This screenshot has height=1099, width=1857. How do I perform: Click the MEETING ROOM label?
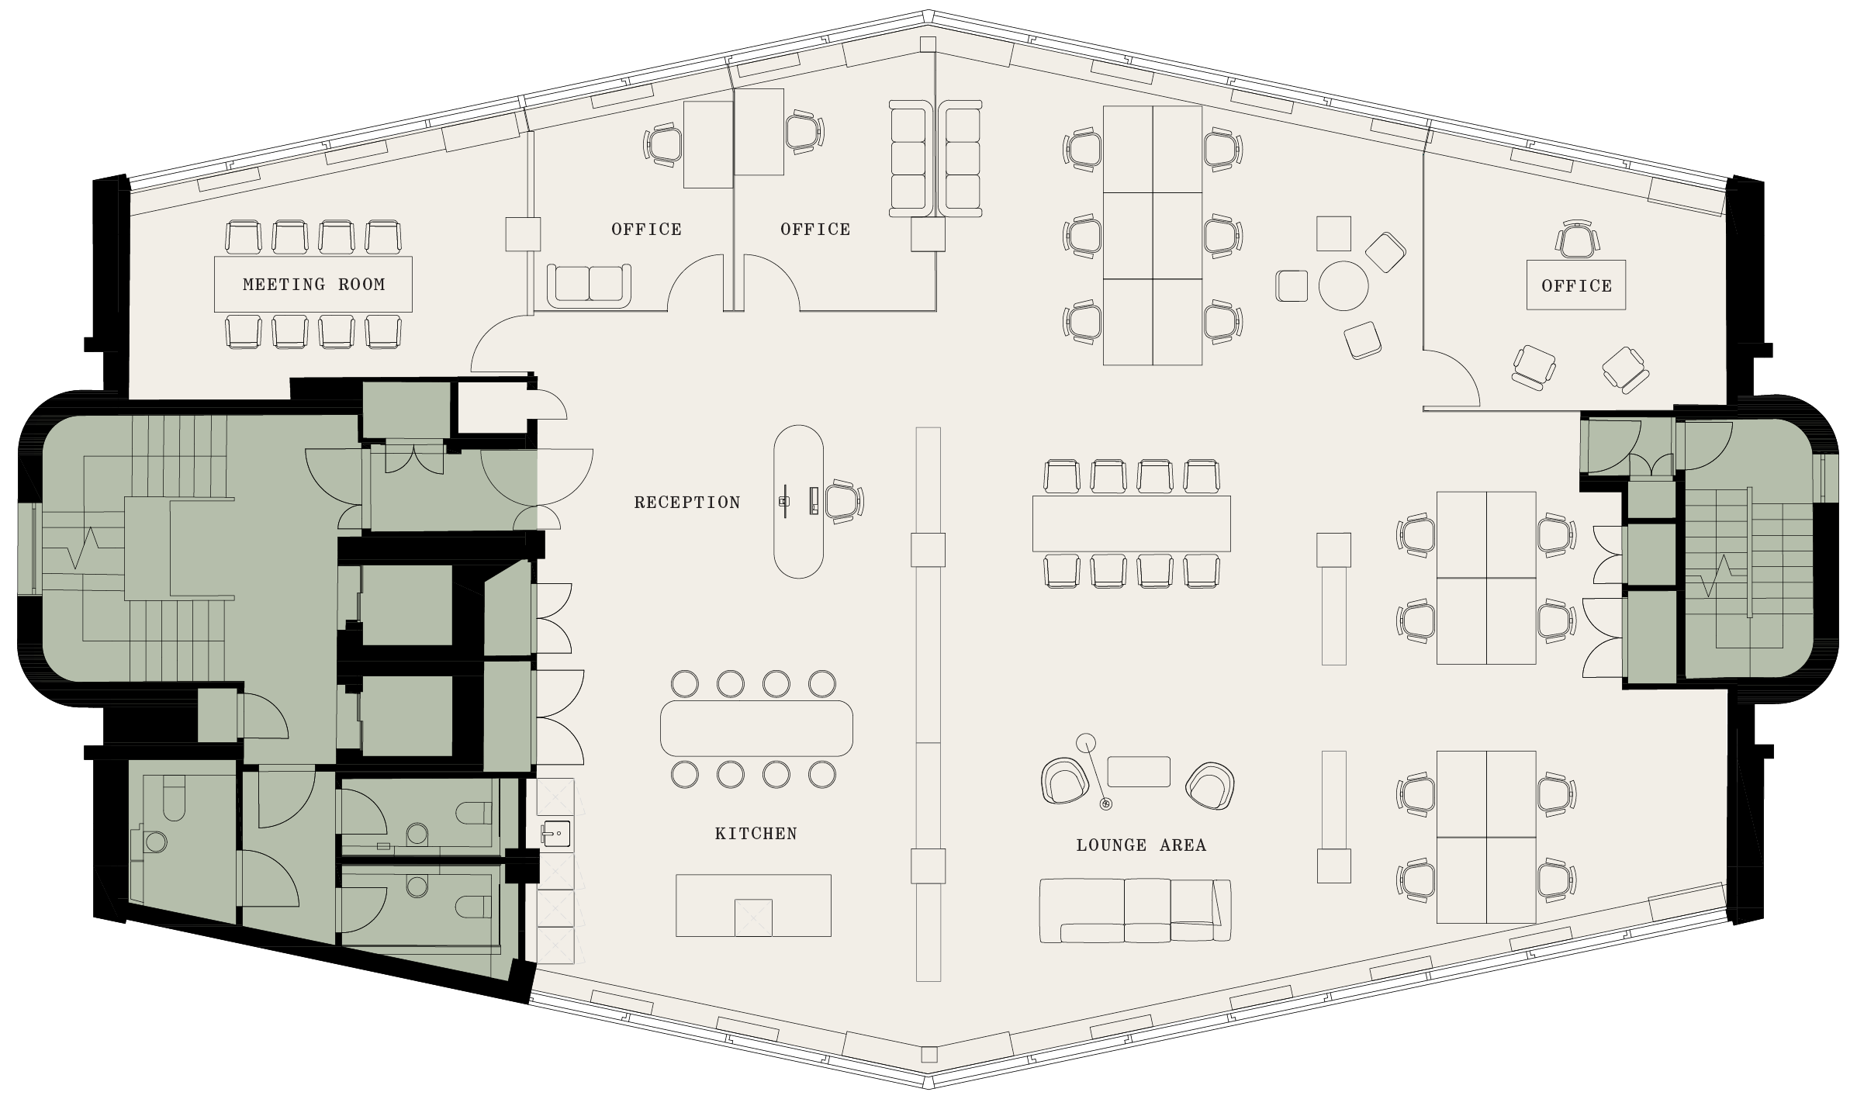click(313, 285)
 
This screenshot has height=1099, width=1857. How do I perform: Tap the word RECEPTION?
click(687, 503)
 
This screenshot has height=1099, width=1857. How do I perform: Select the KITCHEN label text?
click(756, 834)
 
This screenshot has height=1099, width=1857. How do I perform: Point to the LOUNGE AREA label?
click(1141, 845)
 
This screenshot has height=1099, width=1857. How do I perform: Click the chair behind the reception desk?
click(843, 501)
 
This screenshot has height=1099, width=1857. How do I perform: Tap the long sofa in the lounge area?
click(1135, 911)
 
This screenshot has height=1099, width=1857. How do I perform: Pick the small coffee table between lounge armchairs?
click(1138, 772)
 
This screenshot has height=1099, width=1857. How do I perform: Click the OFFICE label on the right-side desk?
click(1576, 286)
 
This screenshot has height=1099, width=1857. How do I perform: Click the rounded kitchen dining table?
click(756, 728)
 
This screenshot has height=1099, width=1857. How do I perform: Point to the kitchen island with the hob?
click(753, 905)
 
